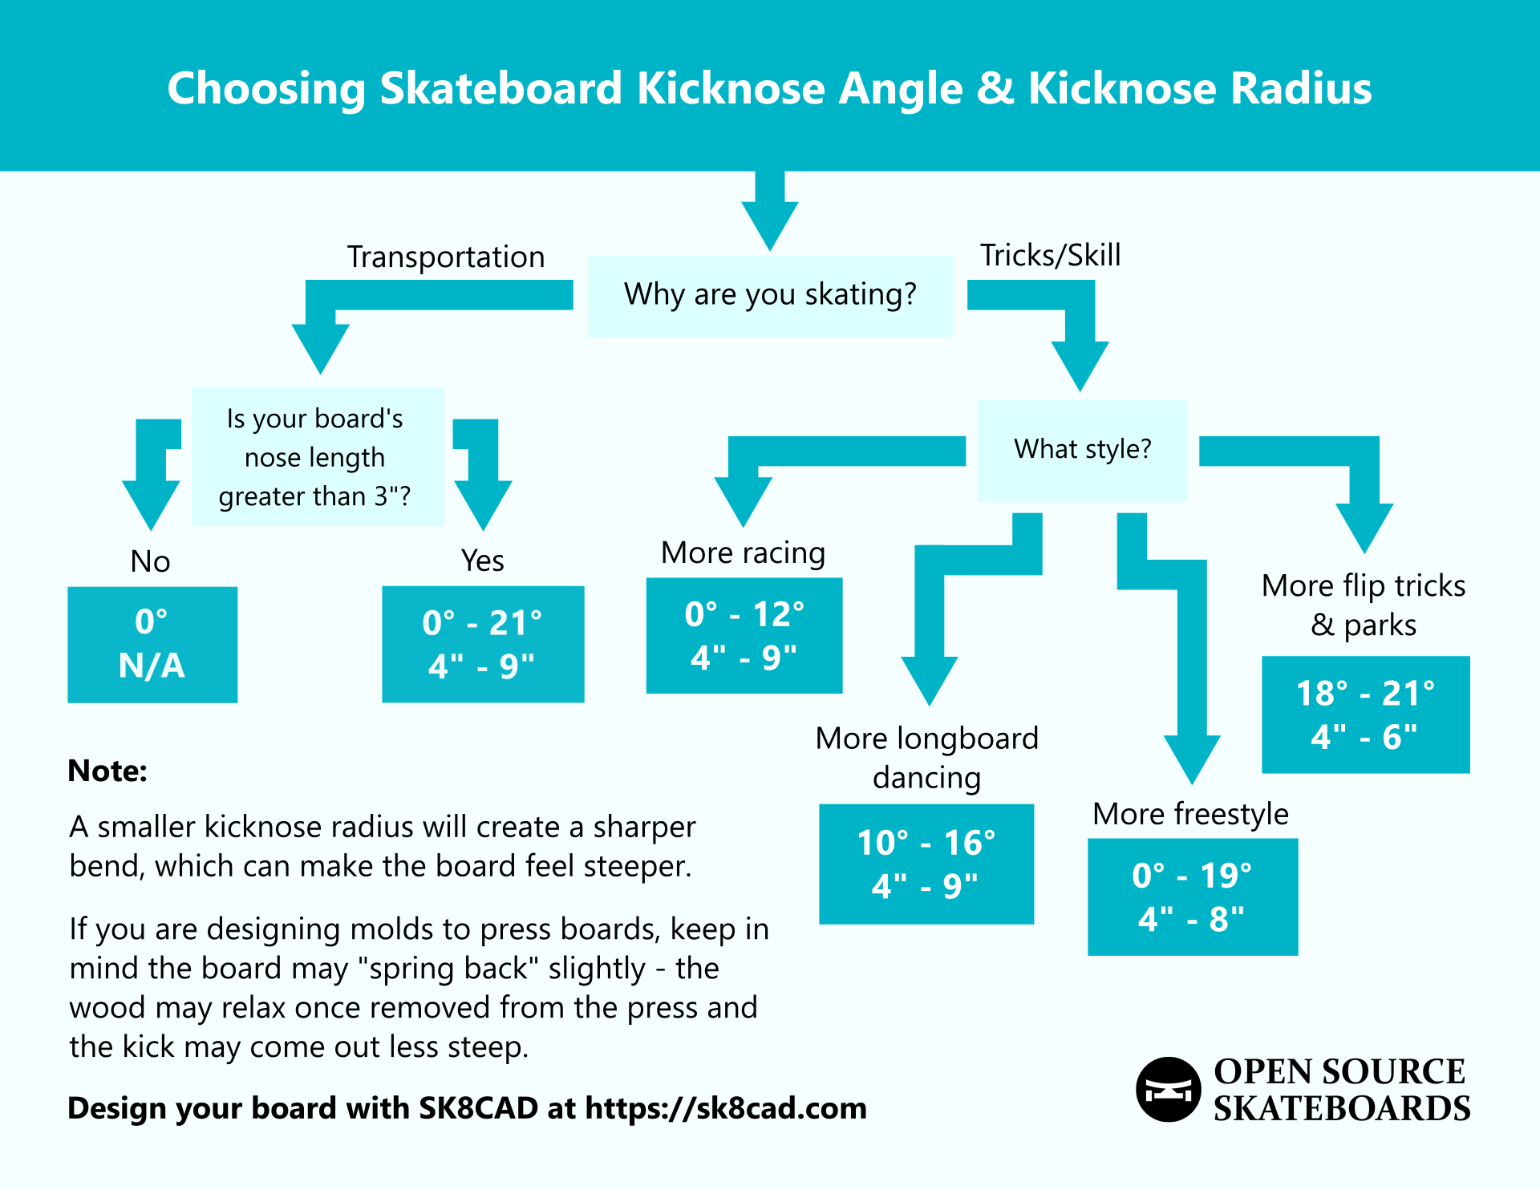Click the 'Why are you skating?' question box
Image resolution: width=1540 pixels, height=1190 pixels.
click(x=769, y=295)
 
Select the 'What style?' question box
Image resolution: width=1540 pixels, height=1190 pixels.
click(x=1082, y=450)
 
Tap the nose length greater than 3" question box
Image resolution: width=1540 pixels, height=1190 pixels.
click(x=318, y=457)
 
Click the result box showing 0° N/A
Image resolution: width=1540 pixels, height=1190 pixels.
click(x=152, y=644)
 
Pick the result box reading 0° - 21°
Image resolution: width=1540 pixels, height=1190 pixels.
click(x=483, y=644)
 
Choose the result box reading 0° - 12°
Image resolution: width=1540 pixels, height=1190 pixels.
click(x=744, y=635)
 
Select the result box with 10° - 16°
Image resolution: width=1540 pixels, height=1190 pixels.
click(x=926, y=864)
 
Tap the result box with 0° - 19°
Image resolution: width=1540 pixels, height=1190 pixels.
click(x=1193, y=897)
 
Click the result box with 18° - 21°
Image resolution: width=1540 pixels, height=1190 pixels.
click(x=1365, y=714)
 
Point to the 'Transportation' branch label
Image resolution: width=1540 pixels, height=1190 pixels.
click(x=446, y=257)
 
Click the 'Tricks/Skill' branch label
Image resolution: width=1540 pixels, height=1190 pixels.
click(x=1050, y=256)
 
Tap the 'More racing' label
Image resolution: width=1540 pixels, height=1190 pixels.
click(x=743, y=553)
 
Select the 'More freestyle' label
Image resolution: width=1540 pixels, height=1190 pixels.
click(x=1190, y=814)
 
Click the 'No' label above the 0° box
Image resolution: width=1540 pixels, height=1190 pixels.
click(x=151, y=561)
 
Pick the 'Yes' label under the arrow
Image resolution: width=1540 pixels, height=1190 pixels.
click(x=483, y=561)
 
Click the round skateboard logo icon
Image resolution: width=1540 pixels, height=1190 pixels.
click(x=1168, y=1089)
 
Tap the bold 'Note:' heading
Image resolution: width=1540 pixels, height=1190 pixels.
click(x=107, y=771)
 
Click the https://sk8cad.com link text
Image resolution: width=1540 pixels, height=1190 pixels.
click(x=726, y=1108)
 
